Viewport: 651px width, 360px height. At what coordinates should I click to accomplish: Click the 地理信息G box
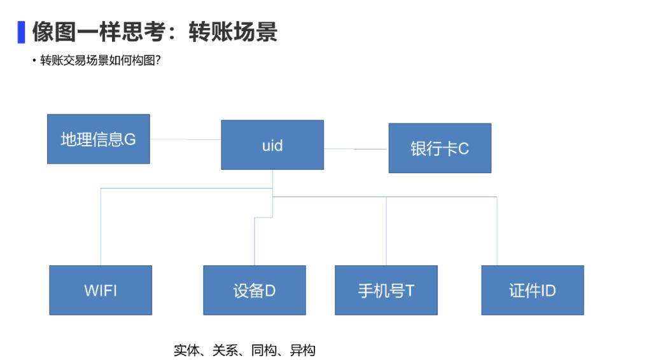coord(99,139)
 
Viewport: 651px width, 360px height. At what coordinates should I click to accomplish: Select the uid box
coord(272,145)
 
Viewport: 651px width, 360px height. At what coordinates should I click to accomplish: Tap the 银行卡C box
coord(440,148)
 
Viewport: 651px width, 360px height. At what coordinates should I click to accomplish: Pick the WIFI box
coord(101,290)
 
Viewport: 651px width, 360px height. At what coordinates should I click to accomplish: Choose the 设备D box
coord(255,290)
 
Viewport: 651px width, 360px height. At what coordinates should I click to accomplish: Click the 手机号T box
coord(386,290)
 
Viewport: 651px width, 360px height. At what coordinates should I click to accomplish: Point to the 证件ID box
coord(533,290)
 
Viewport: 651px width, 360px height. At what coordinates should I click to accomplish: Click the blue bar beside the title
coord(21,32)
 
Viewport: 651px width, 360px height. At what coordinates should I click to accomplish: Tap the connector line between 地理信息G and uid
coord(186,139)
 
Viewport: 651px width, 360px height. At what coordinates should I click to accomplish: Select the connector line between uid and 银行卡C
coord(356,149)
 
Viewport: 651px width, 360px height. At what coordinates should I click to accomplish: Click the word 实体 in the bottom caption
coord(186,350)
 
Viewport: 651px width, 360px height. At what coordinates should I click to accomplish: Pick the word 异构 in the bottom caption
coord(303,350)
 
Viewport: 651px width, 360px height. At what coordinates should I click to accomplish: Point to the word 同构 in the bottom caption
coord(264,350)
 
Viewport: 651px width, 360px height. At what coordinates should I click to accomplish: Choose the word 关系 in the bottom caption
coord(225,350)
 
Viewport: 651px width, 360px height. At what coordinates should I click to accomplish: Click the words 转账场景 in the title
coord(233,32)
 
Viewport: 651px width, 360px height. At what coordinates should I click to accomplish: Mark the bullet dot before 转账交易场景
coord(34,61)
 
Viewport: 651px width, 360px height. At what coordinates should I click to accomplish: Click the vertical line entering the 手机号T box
coord(386,231)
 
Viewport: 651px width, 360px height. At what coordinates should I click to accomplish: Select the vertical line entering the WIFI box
coord(101,227)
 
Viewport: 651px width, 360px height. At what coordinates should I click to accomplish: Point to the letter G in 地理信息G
coord(130,140)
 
